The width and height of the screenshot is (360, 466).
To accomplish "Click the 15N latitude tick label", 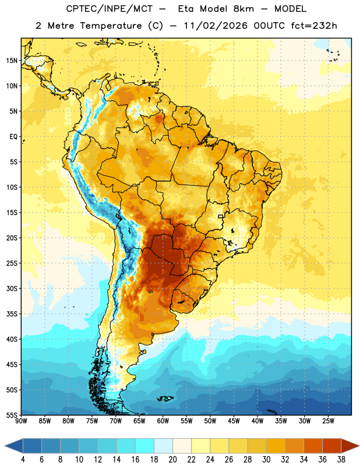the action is tap(12, 61).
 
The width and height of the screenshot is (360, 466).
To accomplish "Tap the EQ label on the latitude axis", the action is tap(13, 137).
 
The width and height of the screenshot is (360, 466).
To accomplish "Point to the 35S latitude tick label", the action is tap(12, 314).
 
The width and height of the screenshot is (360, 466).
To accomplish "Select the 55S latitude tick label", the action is tap(12, 415).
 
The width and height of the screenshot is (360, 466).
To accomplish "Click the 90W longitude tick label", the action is tap(21, 421).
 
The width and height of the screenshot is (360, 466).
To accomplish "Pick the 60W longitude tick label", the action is tap(163, 421).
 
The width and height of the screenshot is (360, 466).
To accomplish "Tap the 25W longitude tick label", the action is tap(328, 421).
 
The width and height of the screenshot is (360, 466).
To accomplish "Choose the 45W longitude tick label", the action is tap(234, 421).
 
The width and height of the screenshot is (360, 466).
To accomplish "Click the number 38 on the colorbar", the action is tap(341, 460).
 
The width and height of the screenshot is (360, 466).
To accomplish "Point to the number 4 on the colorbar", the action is tap(23, 460).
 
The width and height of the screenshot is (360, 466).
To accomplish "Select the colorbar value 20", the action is tap(172, 460).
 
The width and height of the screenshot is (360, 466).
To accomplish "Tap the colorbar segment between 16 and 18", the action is tap(144, 446).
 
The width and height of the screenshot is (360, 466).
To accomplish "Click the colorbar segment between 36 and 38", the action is tap(332, 446).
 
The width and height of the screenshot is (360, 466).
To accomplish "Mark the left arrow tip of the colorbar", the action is tap(5, 446).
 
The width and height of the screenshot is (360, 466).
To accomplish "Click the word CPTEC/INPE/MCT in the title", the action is tap(110, 9).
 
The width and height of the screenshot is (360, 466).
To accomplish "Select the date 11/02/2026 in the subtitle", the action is tap(216, 26).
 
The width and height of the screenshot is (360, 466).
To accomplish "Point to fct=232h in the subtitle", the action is tap(314, 26).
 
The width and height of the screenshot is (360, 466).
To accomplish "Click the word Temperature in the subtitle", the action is tap(111, 26).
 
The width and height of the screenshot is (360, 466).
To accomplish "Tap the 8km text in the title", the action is tap(243, 9).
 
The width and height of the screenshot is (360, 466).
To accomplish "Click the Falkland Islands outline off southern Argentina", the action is tap(165, 398).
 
